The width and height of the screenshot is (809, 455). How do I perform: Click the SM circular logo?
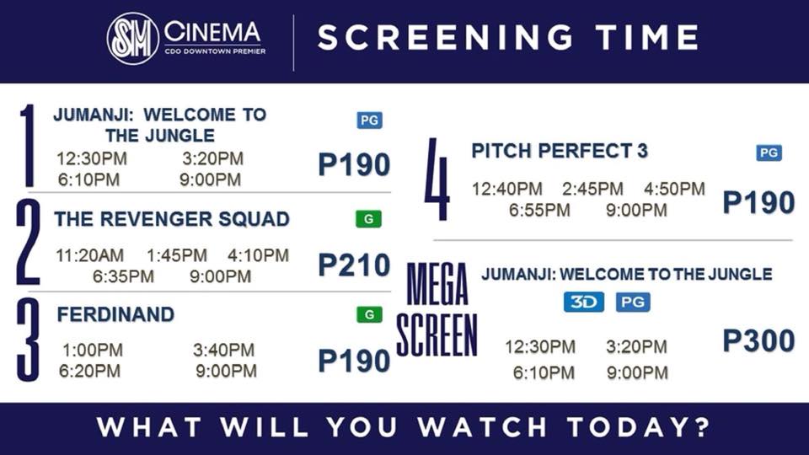[132, 39]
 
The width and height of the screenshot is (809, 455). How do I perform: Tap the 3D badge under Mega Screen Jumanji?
[583, 302]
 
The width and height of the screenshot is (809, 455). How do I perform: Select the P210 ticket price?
[354, 265]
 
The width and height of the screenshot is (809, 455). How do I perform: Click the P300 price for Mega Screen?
[758, 340]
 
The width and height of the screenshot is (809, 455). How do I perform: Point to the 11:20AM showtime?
[90, 255]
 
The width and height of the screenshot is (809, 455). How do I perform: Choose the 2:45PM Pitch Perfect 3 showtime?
[592, 189]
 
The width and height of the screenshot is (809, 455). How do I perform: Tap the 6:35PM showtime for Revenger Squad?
[123, 276]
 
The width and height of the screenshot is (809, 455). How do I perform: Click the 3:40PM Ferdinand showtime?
[224, 350]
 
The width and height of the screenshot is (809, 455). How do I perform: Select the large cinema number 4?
[437, 179]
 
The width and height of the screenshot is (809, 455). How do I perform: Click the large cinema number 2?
[28, 243]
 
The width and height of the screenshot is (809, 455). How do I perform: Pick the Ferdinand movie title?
[115, 314]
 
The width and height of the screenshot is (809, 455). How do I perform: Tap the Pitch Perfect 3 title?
[560, 151]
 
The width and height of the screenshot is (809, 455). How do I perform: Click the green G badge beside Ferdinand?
[369, 314]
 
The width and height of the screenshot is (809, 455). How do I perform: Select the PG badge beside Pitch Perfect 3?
[769, 153]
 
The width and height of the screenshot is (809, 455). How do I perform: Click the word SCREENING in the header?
[445, 37]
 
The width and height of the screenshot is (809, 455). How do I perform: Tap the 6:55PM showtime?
[539, 210]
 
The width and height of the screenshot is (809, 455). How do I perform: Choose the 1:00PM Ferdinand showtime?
[93, 350]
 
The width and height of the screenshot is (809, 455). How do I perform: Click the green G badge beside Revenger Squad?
[368, 219]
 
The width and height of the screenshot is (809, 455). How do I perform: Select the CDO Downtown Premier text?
[215, 51]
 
